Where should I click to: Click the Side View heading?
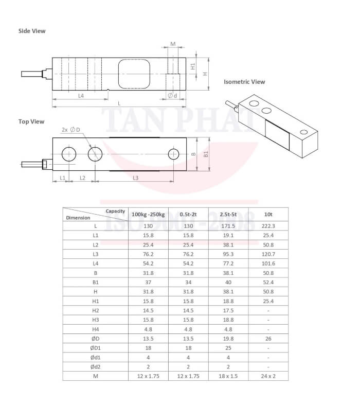tap(32, 31)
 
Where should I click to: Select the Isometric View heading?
tap(244, 82)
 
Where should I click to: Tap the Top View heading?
tap(31, 122)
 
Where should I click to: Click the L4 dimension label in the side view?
tap(81, 96)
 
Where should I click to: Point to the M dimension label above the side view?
tap(173, 44)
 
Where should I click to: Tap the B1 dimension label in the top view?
tap(206, 154)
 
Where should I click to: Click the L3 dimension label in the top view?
tap(135, 178)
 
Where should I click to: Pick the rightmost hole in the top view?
tap(174, 154)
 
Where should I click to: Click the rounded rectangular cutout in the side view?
tap(133, 73)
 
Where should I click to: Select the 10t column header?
tap(268, 214)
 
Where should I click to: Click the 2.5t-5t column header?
tap(228, 214)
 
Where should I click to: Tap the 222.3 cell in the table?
tap(268, 226)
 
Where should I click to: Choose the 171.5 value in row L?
tap(228, 226)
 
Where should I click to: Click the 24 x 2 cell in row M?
tap(268, 376)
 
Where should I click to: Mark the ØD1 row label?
tap(95, 348)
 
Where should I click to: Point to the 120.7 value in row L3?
tap(268, 254)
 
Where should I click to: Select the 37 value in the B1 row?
tap(148, 282)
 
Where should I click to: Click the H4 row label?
tap(95, 329)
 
